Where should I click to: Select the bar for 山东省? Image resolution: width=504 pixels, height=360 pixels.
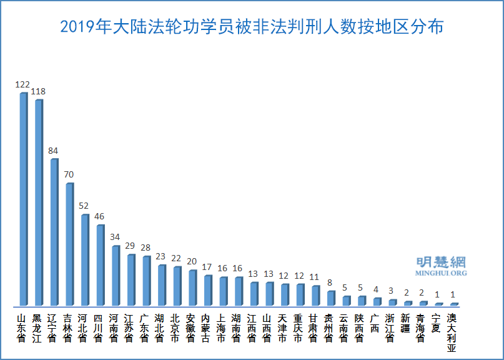pos(23,199)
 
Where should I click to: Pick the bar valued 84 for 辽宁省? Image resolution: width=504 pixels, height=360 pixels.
pos(54,232)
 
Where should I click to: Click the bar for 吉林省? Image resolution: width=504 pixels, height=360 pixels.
pos(69,244)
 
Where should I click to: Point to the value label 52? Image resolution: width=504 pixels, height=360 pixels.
pos(84,206)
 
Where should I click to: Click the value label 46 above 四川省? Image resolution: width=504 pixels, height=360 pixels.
pos(100,216)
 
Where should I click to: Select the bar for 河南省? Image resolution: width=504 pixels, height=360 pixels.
pos(115,275)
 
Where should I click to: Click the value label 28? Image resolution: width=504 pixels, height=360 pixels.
pos(146,248)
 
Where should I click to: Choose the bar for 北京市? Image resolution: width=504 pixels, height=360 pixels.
pos(177,286)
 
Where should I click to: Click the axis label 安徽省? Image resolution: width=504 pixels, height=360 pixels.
pos(192,327)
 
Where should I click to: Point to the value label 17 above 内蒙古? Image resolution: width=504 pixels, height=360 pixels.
pos(207,267)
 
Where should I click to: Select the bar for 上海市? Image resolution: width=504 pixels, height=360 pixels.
pos(223,291)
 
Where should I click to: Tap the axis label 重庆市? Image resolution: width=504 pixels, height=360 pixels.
pos(299,327)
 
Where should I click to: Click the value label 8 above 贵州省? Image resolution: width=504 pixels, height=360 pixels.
pos(330,282)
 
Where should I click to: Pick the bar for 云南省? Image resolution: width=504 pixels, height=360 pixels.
pos(345,301)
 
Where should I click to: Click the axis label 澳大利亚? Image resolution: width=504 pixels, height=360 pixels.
pos(452,332)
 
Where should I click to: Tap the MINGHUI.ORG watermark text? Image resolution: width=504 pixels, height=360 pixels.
pos(441,273)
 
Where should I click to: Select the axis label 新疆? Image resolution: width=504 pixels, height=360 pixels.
pos(407,323)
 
